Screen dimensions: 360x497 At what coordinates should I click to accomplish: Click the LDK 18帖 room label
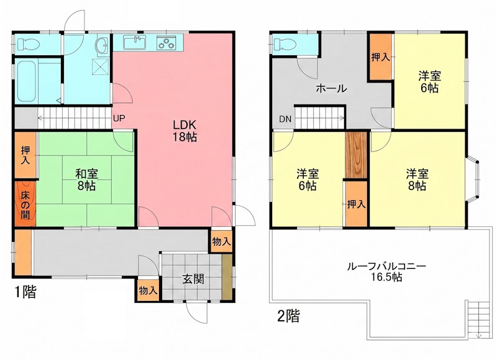[185, 131]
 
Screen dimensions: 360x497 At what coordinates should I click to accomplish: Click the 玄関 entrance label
[191, 279]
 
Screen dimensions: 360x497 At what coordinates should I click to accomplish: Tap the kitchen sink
[135, 42]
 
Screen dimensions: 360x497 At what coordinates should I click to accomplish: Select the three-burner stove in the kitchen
[166, 42]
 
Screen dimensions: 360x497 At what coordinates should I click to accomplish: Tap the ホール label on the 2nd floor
[331, 88]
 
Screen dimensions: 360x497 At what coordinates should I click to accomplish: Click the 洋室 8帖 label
[416, 179]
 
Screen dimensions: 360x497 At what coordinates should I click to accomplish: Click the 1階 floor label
[25, 292]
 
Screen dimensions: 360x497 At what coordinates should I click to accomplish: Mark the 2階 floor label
[288, 316]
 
